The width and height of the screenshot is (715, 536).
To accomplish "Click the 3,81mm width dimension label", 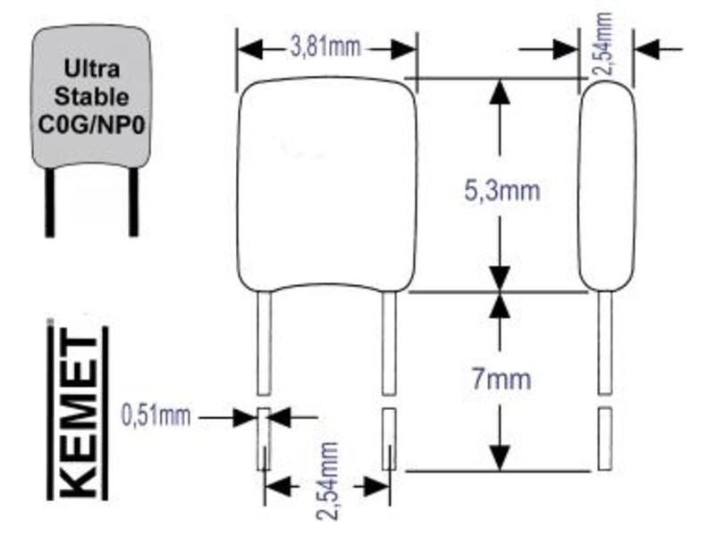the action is pos(325,47).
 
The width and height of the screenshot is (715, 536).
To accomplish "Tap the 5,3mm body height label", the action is pos(502,190).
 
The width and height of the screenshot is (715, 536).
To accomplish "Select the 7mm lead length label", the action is pos(501,379).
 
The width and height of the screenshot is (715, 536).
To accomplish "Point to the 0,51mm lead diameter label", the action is pos(156,415).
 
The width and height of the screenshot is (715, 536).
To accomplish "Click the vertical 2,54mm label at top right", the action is pos(602,44).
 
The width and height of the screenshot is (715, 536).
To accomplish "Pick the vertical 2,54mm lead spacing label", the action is pos(328,481).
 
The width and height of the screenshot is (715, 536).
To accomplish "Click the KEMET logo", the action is pos(78,410).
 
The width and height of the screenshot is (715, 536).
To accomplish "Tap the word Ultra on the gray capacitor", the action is pos(92,69).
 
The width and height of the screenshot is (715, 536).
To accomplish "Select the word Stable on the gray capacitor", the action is pos(91,96).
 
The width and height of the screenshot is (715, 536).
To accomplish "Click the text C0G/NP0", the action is pos(91,124).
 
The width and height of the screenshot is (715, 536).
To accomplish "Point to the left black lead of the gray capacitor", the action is pos(50,203).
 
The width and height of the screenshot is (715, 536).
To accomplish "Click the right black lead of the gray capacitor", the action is pos(133,202).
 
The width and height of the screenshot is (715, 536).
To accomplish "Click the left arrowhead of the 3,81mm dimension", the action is pos(250,48).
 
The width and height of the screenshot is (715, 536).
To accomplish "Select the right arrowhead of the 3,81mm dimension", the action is pos(404,48).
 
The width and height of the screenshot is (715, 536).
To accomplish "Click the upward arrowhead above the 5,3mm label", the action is pos(500,93).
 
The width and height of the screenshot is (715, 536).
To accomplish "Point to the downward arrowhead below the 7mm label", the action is pos(500,457).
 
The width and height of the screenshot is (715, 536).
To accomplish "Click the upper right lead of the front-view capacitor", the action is pos(389,343).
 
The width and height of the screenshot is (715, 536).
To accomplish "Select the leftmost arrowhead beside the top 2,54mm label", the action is pos(566,48).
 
